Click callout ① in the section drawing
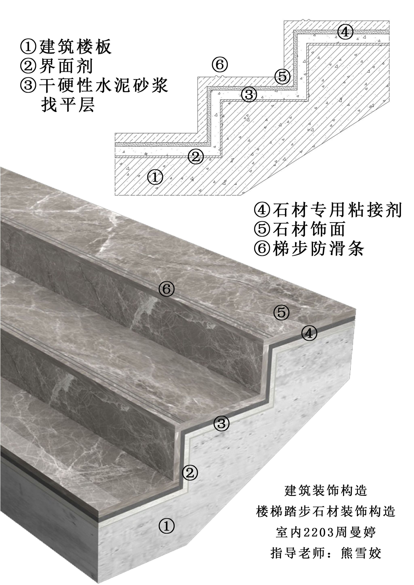(155, 177)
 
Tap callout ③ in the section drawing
(249, 95)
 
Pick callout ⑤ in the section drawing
(282, 76)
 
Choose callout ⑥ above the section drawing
(220, 65)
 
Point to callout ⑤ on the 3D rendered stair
(281, 312)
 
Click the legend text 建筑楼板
(75, 47)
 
